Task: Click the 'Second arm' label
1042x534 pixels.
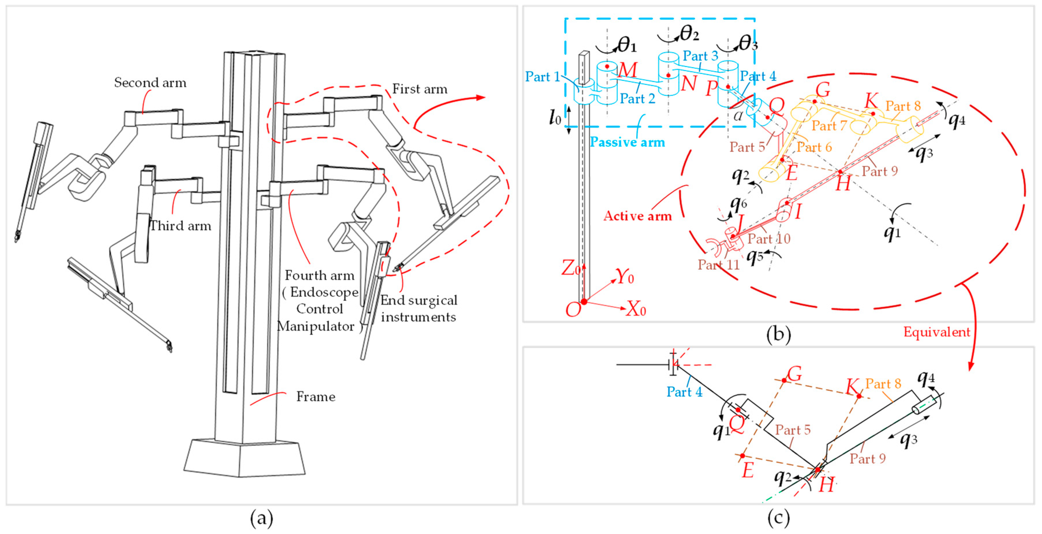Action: tap(150, 83)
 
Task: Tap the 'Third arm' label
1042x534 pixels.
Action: tap(180, 226)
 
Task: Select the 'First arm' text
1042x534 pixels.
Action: tap(420, 89)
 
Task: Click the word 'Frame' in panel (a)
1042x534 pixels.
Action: tap(316, 396)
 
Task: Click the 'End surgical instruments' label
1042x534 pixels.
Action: tap(418, 308)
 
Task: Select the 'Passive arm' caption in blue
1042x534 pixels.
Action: tap(627, 142)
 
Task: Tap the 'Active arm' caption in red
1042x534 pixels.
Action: tap(637, 216)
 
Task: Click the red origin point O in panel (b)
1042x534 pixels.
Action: tap(584, 302)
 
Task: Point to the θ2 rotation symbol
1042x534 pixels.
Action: tap(689, 33)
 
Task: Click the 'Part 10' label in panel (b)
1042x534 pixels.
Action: tap(769, 239)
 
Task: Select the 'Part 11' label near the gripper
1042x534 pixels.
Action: tap(718, 265)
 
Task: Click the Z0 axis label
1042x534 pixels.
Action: tap(570, 268)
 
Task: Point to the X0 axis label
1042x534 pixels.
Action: tap(636, 309)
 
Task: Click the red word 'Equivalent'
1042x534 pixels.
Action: tap(937, 332)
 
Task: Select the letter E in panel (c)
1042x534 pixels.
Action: tap(748, 470)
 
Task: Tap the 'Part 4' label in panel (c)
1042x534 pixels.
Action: tap(684, 392)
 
